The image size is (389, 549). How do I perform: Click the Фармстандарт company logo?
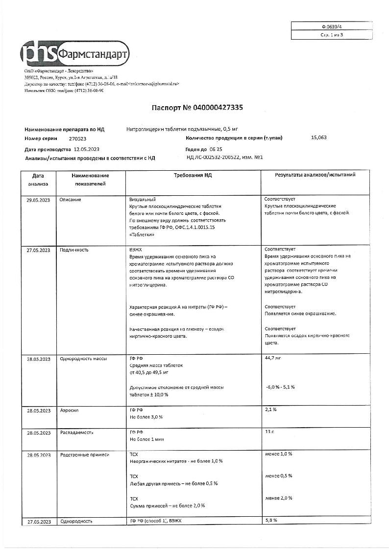tap(75, 53)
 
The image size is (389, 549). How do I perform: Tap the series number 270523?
tap(77, 139)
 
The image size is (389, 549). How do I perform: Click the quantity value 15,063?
tap(318, 138)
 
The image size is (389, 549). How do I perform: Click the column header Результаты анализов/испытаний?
tap(315, 175)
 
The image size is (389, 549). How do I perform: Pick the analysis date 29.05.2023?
tap(38, 200)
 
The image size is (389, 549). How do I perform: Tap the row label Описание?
tap(71, 200)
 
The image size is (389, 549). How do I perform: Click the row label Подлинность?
tap(74, 250)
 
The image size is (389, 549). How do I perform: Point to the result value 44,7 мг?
tap(272, 359)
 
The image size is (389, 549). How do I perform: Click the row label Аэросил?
tap(69, 411)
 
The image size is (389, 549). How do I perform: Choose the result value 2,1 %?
tap(271, 409)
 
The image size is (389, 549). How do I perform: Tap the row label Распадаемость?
tap(76, 433)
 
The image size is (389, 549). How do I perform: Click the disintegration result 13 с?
tap(269, 432)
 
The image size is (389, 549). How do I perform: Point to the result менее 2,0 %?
tap(278, 498)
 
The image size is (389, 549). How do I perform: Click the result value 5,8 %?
tap(271, 520)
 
